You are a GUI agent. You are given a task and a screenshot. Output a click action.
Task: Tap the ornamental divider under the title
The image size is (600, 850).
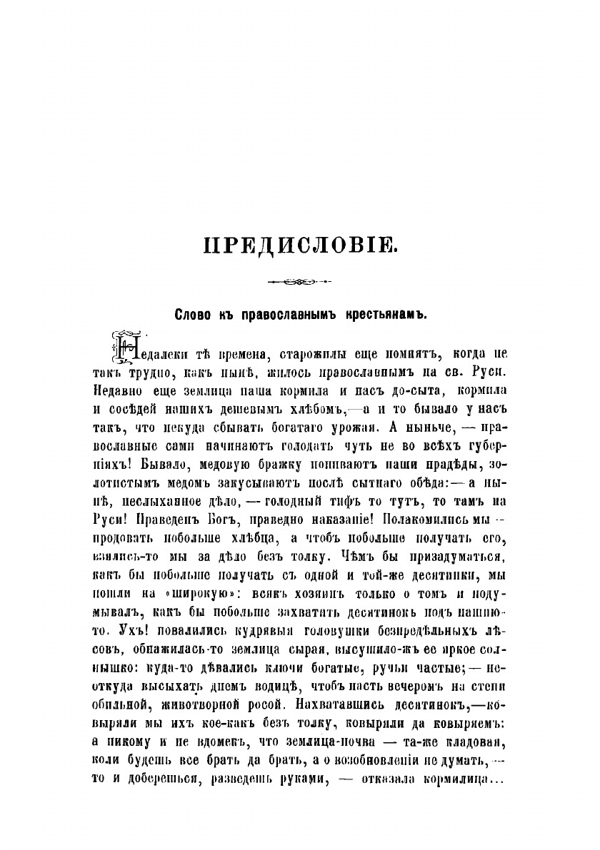click(x=299, y=283)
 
